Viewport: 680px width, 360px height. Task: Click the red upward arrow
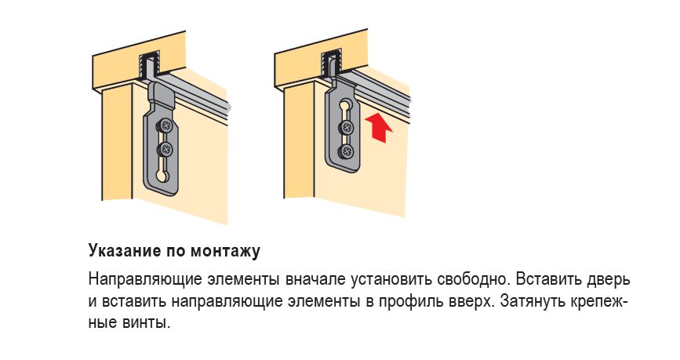[x=379, y=127]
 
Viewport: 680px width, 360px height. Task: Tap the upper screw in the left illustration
[x=165, y=126]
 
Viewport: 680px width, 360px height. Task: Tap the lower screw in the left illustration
[x=165, y=150]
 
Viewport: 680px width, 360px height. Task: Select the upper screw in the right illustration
[x=347, y=127]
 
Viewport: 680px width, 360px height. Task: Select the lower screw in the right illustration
[x=347, y=151]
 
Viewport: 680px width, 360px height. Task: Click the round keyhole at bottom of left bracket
[x=161, y=176]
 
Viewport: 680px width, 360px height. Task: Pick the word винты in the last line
[x=147, y=322]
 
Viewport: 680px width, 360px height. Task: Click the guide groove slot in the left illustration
[x=149, y=65]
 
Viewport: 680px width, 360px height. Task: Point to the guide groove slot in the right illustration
[x=331, y=64]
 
